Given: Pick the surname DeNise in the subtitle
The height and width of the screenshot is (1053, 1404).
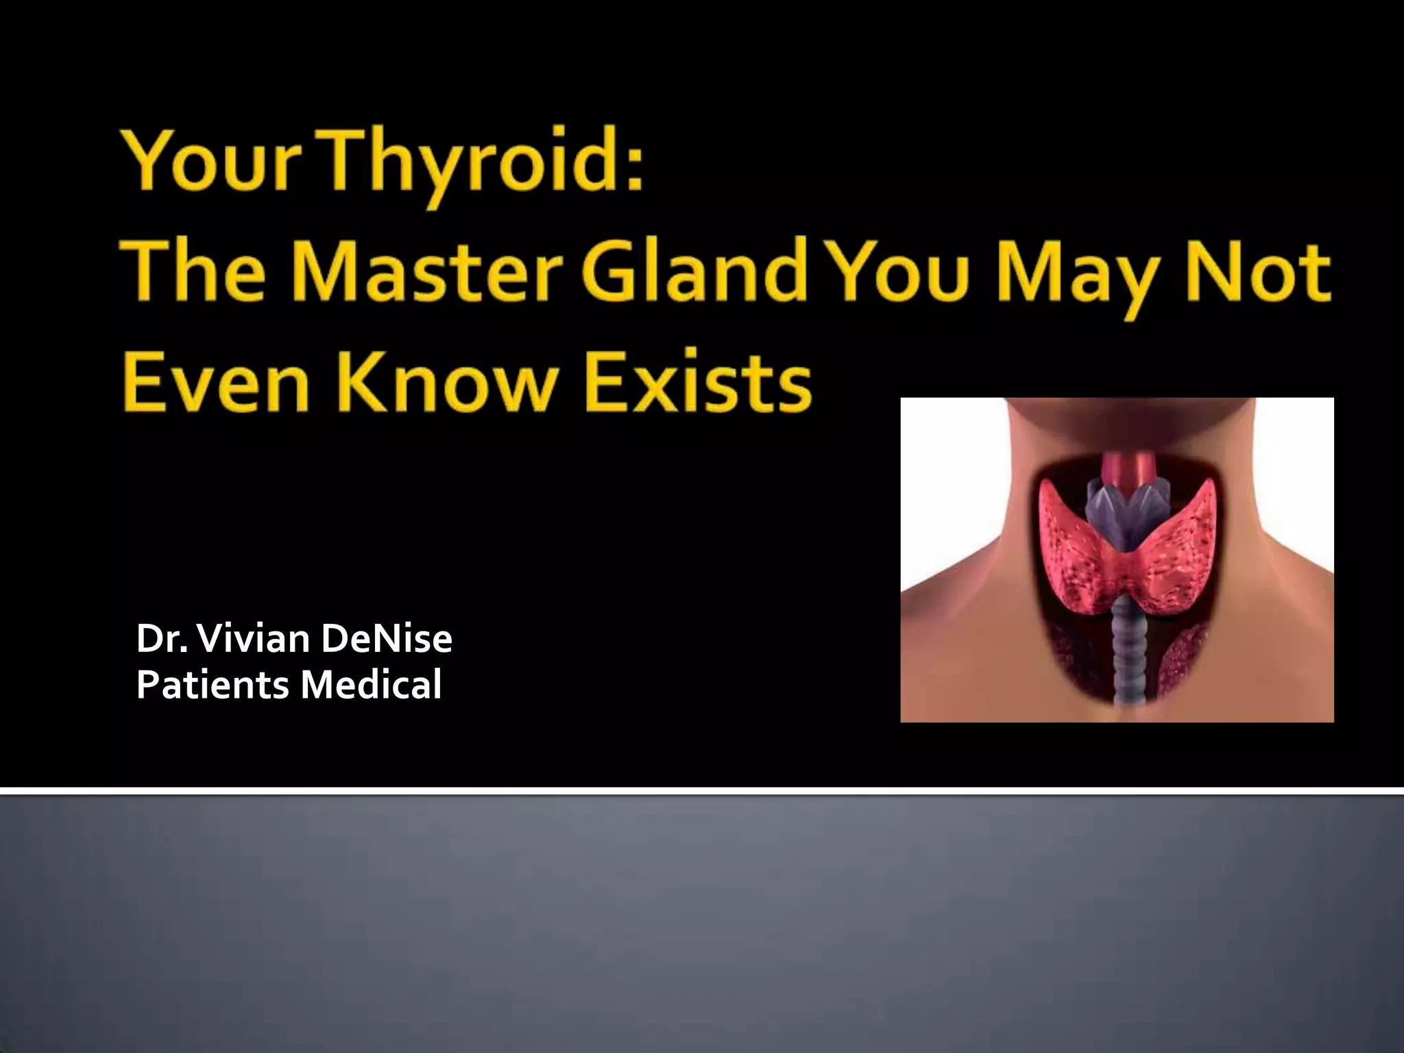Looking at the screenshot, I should coord(386,638).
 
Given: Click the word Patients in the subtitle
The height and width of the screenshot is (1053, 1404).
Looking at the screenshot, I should coord(213,685).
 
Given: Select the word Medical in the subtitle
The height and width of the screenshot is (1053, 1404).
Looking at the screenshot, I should coord(371,685).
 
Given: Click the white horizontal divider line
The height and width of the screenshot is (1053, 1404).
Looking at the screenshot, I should coord(702,790).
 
